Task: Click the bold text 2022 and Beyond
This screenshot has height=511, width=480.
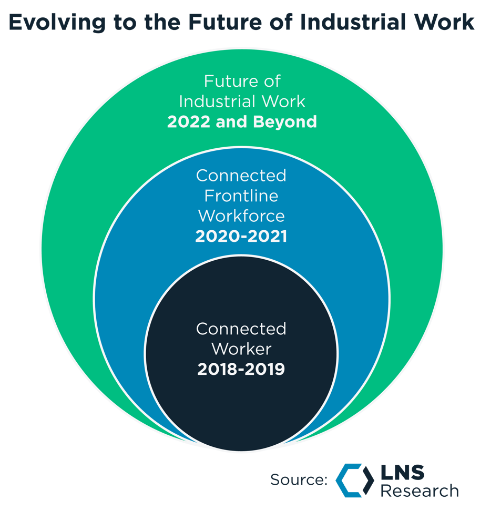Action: click(242, 122)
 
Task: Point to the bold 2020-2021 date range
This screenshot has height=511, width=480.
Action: click(241, 237)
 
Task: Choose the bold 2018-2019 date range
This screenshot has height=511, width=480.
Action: click(241, 370)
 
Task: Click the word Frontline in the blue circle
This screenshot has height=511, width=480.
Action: click(241, 196)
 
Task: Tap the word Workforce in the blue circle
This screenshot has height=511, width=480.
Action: click(241, 216)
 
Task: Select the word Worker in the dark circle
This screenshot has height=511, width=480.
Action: click(241, 349)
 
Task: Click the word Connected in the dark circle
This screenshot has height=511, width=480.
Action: click(241, 329)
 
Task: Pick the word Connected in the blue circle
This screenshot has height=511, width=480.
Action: click(241, 175)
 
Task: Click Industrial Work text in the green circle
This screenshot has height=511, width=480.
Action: click(242, 101)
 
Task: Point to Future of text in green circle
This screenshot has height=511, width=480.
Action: click(242, 81)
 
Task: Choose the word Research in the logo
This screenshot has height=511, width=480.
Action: click(420, 491)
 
